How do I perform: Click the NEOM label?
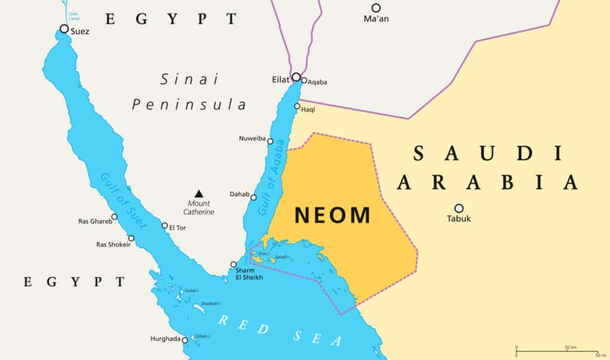pyautogui.click(x=332, y=215)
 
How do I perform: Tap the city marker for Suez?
pyautogui.click(x=64, y=29)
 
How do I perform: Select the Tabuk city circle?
pyautogui.click(x=459, y=208)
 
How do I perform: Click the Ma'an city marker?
pyautogui.click(x=376, y=8)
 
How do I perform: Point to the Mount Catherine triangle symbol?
pyautogui.click(x=198, y=193)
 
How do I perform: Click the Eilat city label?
pyautogui.click(x=281, y=78)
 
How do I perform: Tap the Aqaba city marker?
pyautogui.click(x=304, y=80)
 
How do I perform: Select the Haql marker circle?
pyautogui.click(x=297, y=106)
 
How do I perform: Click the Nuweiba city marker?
pyautogui.click(x=270, y=141)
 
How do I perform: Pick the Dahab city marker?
pyautogui.click(x=253, y=197)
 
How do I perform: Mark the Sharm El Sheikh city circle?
pyautogui.click(x=234, y=264)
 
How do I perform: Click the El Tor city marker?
pyautogui.click(x=164, y=225)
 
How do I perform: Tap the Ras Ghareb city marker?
pyautogui.click(x=114, y=217)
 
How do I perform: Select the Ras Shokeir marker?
pyautogui.click(x=131, y=238)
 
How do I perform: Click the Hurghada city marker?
pyautogui.click(x=185, y=340)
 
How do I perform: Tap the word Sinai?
pyautogui.click(x=189, y=79)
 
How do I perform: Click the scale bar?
pyautogui.click(x=556, y=352)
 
